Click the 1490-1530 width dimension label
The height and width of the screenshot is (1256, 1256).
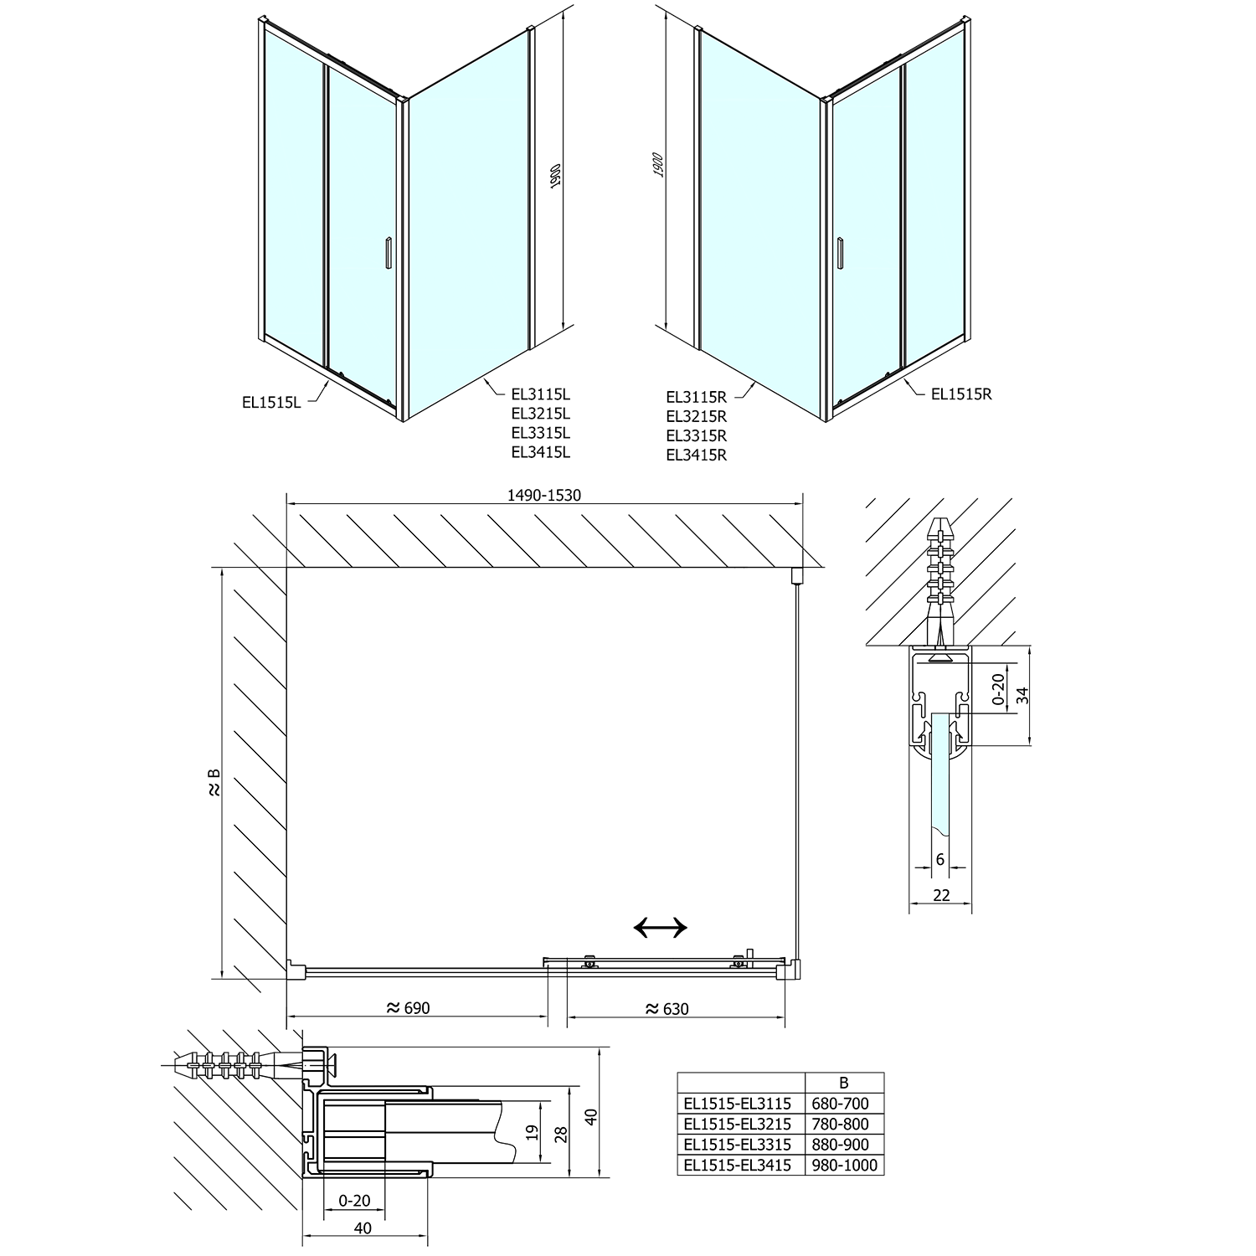pos(543,495)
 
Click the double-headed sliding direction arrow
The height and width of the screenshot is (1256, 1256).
pos(661,927)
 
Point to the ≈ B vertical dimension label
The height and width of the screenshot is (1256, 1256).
pos(214,782)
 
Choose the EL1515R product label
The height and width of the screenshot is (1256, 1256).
pos(961,394)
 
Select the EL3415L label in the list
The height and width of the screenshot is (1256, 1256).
pos(541,453)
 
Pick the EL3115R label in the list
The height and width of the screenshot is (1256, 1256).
pos(696,397)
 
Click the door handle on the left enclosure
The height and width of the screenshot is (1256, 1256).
pos(388,254)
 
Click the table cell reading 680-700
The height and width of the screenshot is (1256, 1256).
pos(843,1104)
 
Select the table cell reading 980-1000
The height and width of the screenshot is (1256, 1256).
pos(843,1165)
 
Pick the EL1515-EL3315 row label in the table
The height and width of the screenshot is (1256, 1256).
pos(737,1145)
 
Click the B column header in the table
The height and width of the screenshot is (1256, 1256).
pos(843,1082)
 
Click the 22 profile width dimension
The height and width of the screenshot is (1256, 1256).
pos(941,895)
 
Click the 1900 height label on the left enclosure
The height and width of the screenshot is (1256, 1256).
pos(553,177)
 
